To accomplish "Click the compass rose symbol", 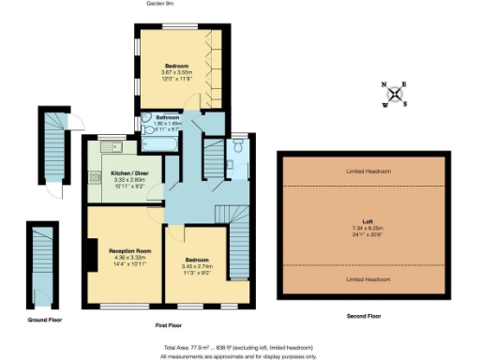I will [x=395, y=94].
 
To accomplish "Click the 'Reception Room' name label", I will [x=129, y=252].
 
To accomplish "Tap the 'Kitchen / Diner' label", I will [x=128, y=173].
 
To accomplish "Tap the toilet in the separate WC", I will [x=239, y=148].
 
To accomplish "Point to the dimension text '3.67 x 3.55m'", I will [x=171, y=72].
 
